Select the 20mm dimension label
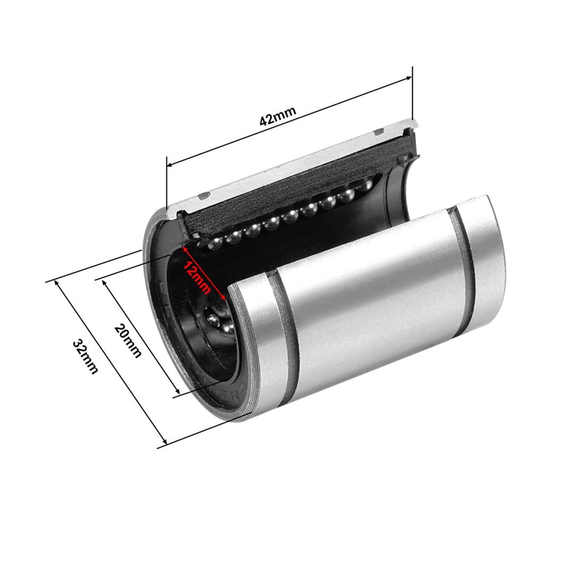(x=128, y=340)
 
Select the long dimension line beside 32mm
(x=109, y=361)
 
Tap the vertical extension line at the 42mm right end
(x=413, y=95)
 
